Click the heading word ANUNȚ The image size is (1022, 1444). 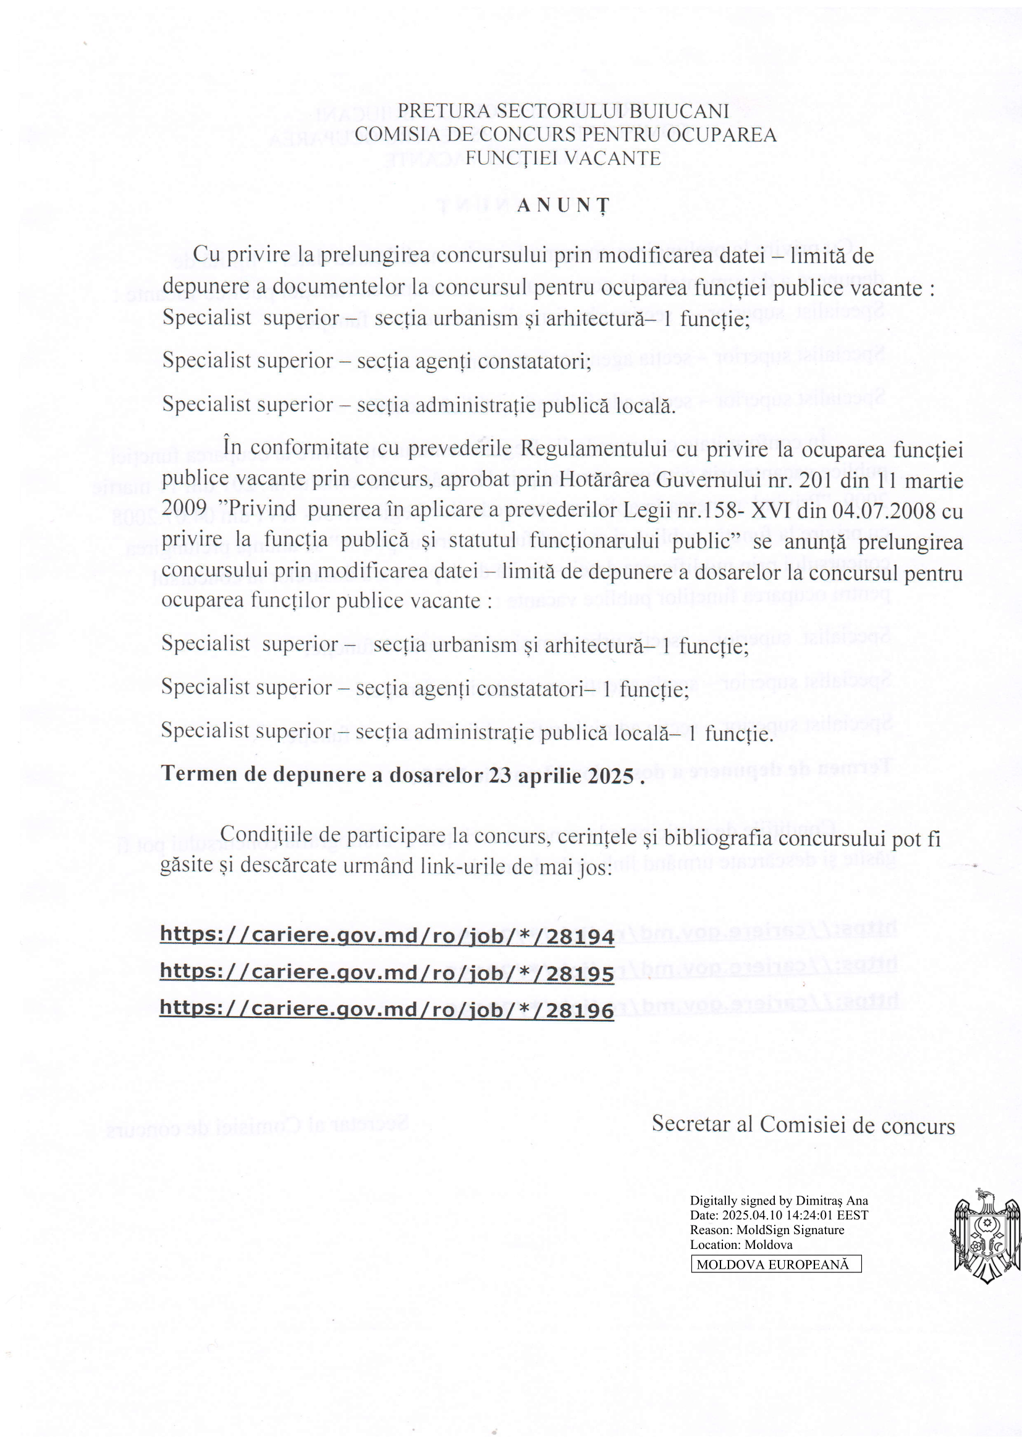coord(564,206)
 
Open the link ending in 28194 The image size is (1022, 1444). coord(386,936)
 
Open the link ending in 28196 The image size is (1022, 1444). coord(386,1009)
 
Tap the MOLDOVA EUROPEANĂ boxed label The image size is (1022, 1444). coord(776,1264)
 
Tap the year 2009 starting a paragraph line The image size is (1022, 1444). coord(184,508)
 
